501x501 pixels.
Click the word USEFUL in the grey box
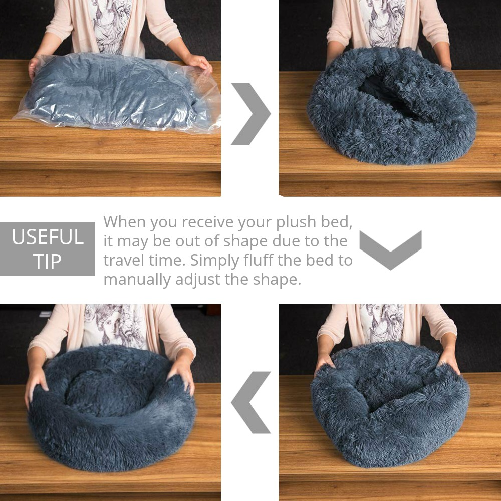tap(48, 237)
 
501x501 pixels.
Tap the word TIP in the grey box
tap(47, 262)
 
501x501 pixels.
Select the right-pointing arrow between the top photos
tap(251, 113)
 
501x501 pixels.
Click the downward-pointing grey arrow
tap(390, 250)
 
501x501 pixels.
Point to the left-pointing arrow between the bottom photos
tap(251, 402)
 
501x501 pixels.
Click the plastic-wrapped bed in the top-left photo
tap(118, 93)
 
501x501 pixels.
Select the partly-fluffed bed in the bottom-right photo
tap(390, 404)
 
